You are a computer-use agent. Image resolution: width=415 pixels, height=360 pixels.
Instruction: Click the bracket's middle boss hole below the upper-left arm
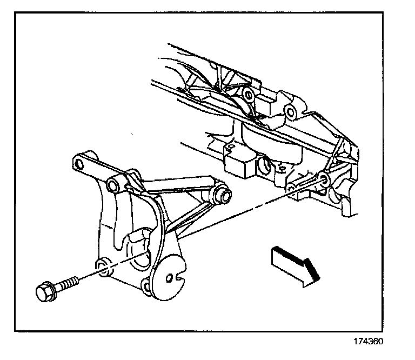(113, 186)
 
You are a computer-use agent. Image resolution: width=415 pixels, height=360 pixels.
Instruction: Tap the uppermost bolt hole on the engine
(249, 96)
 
